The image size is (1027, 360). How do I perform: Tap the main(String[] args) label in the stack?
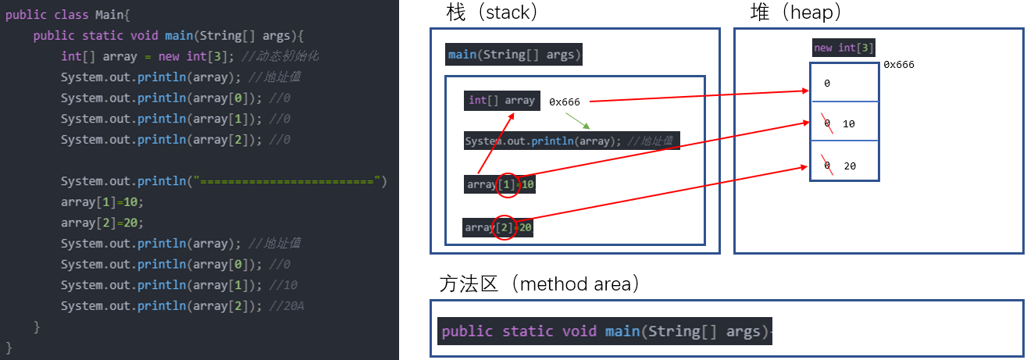(514, 55)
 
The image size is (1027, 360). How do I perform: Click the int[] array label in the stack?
(501, 100)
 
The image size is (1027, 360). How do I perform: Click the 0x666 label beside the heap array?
(898, 65)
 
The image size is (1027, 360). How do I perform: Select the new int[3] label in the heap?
(843, 48)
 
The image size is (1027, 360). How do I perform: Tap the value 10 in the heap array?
(850, 124)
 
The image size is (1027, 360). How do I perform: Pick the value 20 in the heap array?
(850, 166)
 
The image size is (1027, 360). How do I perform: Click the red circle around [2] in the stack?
(505, 227)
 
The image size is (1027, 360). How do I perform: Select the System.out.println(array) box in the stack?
(571, 141)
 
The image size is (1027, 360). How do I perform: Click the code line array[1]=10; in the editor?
(102, 201)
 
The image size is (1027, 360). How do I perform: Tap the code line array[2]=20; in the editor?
(102, 223)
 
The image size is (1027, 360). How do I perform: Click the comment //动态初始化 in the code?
(269, 56)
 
